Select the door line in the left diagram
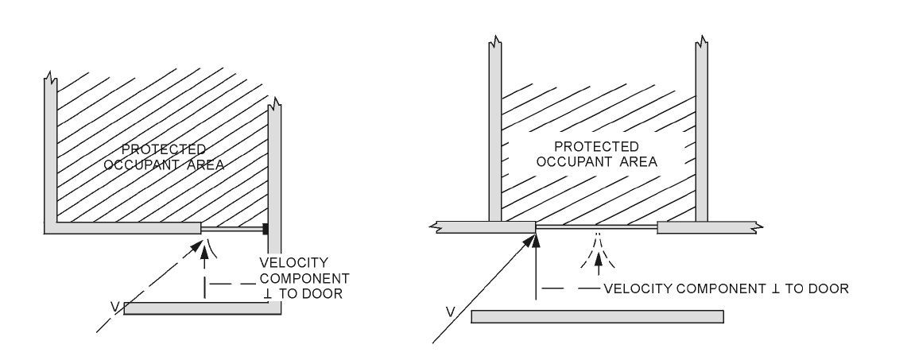point(232,230)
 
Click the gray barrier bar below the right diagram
point(597,317)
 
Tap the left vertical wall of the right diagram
point(494,135)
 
